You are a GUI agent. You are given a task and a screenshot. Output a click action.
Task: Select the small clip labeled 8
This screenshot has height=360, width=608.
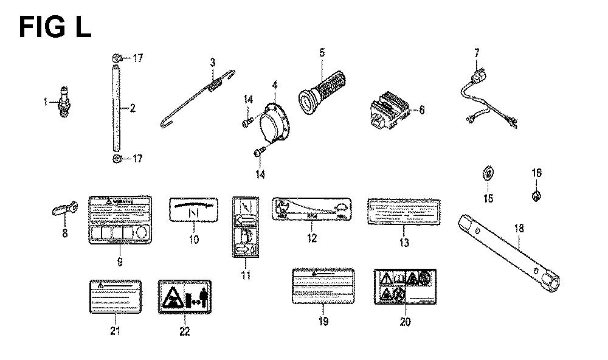(x=63, y=210)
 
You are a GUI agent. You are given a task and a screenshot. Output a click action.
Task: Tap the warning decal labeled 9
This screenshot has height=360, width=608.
(x=119, y=221)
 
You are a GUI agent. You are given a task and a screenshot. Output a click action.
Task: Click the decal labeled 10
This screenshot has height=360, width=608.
(x=193, y=210)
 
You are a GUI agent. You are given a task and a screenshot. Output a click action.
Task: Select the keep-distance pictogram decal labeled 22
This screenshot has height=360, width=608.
(x=184, y=296)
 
